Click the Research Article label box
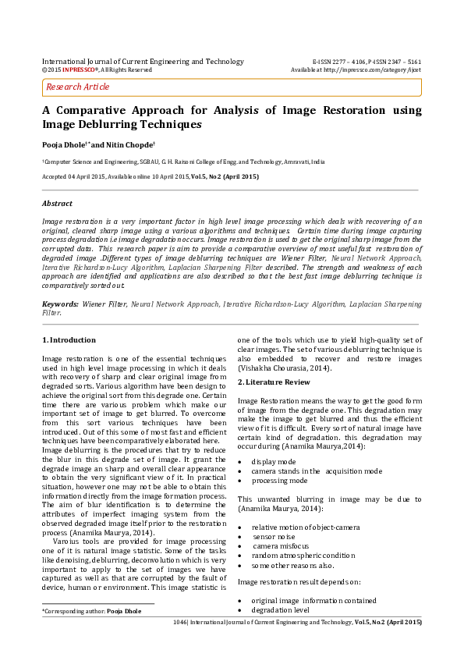point(78,87)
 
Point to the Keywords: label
point(60,302)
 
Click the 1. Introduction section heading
point(69,340)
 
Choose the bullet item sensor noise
point(275,538)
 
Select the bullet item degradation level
point(280,610)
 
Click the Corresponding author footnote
point(91,611)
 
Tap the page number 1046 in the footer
point(182,623)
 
